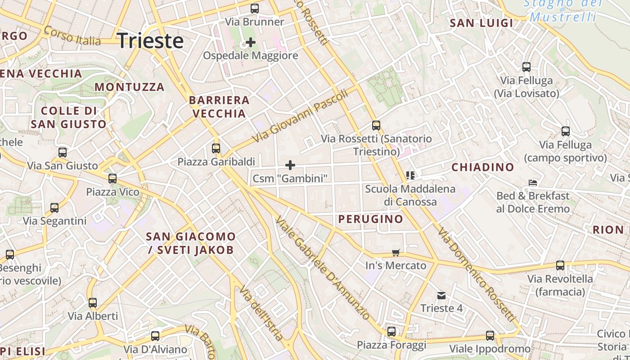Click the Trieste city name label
coord(150,41)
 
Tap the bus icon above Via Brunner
coord(255,8)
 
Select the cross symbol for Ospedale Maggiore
coord(251,43)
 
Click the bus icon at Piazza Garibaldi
coord(216,148)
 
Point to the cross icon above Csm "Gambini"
coord(290,165)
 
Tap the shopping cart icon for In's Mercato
coord(396,252)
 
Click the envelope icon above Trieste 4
coord(441,295)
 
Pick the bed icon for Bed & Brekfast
coord(533,183)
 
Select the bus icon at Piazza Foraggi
coord(391,332)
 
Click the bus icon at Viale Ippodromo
coord(490,335)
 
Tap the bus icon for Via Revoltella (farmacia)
coord(560,265)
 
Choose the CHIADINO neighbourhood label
coord(483,167)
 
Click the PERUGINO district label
coord(371,219)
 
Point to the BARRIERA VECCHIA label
coord(219,107)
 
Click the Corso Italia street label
coord(72,36)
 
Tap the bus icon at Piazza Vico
coord(112,179)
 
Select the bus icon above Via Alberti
coord(93,302)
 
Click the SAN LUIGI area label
coord(481,23)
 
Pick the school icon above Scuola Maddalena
coord(410,175)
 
